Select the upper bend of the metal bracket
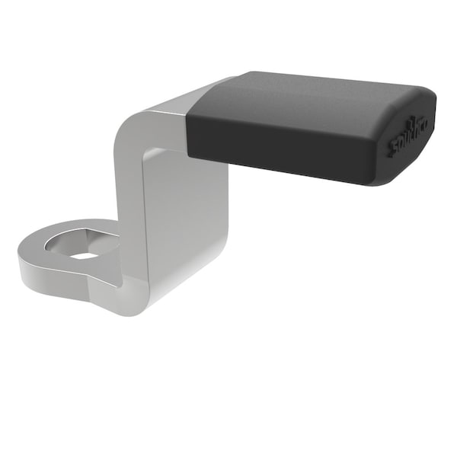[141, 122]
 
